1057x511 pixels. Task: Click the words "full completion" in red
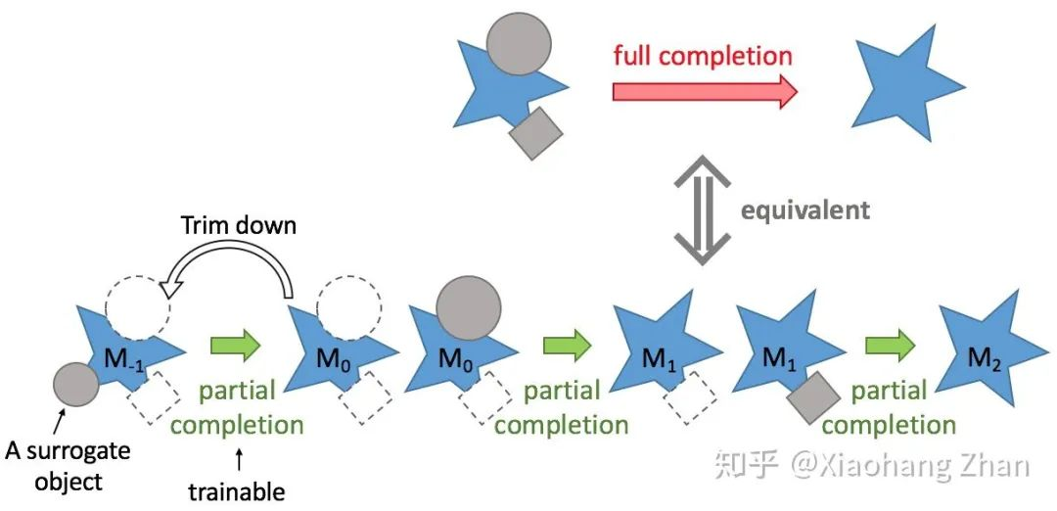pos(703,54)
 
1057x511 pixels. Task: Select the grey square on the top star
pos(536,132)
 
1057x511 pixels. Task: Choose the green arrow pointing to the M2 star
pos(890,345)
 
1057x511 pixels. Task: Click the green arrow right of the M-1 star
pos(236,345)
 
